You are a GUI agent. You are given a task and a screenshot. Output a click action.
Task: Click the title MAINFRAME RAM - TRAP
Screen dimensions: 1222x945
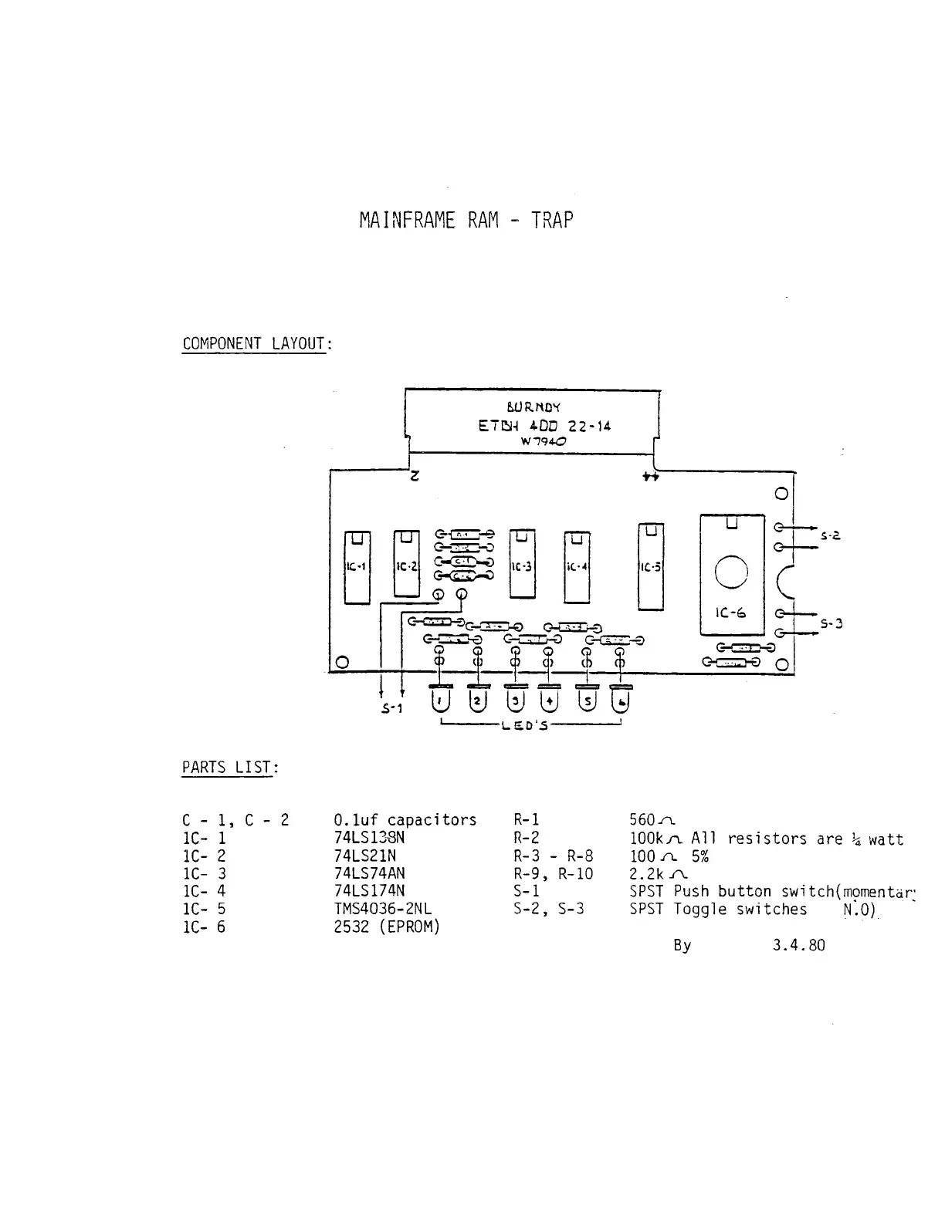(x=466, y=221)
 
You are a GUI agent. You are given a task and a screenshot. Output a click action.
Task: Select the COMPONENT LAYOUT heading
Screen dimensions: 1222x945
(x=256, y=344)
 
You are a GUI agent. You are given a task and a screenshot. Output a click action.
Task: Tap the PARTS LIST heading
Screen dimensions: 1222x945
(x=229, y=768)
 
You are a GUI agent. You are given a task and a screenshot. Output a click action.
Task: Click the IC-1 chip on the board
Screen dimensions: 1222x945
(x=357, y=567)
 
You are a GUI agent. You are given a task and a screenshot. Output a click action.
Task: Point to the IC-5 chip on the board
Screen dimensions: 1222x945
(x=651, y=567)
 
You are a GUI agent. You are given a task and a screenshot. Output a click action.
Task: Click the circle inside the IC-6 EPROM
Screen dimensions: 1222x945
(x=731, y=572)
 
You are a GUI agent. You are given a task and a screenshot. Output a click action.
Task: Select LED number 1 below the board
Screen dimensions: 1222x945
(x=441, y=701)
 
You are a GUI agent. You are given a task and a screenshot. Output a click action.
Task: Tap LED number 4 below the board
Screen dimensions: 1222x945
(x=549, y=701)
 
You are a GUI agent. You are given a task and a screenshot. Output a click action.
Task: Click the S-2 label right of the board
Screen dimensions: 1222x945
(x=831, y=535)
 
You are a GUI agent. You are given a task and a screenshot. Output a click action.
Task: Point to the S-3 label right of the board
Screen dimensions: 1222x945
(x=831, y=623)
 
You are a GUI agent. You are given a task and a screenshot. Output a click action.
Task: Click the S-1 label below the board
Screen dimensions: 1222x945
(x=392, y=708)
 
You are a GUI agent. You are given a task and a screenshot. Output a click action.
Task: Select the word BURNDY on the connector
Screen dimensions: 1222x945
(x=533, y=407)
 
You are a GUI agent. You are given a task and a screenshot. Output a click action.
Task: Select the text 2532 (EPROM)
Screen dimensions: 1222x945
(x=386, y=927)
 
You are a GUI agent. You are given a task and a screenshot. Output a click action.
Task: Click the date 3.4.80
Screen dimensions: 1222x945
(x=798, y=945)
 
